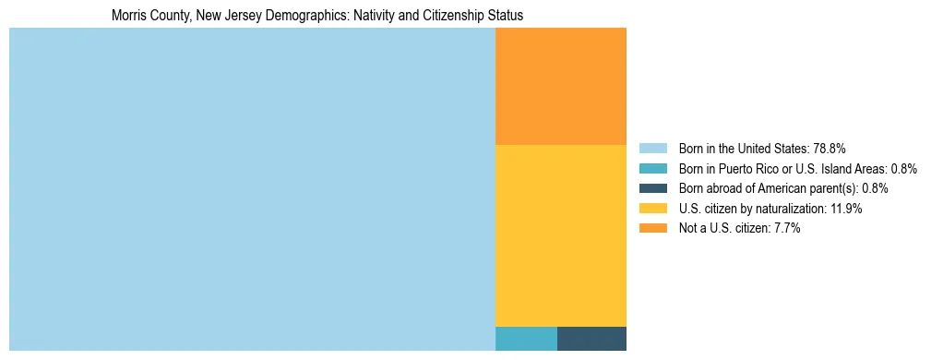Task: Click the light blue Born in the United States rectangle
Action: click(252, 189)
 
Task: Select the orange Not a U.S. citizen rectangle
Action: click(561, 86)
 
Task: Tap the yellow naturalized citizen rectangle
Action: click(561, 235)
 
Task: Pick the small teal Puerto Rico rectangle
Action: click(526, 339)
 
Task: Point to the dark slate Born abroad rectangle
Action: click(591, 339)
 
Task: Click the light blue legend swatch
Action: click(652, 148)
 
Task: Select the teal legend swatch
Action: click(652, 168)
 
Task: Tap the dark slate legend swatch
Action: click(652, 188)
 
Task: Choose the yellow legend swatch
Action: click(652, 209)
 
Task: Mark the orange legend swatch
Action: click(652, 229)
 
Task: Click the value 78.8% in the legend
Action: click(829, 148)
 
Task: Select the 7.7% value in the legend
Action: click(784, 229)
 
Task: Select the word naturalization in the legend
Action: click(787, 209)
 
